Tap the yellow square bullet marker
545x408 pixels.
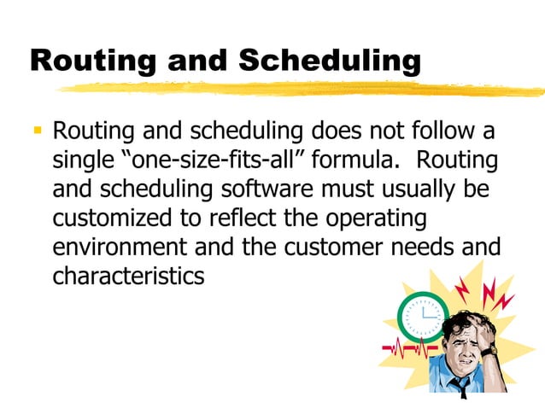[x=38, y=132]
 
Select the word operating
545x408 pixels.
[x=373, y=219]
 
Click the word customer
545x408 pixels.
[x=338, y=248]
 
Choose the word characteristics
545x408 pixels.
[x=128, y=276]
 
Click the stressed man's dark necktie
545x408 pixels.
[x=461, y=388]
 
